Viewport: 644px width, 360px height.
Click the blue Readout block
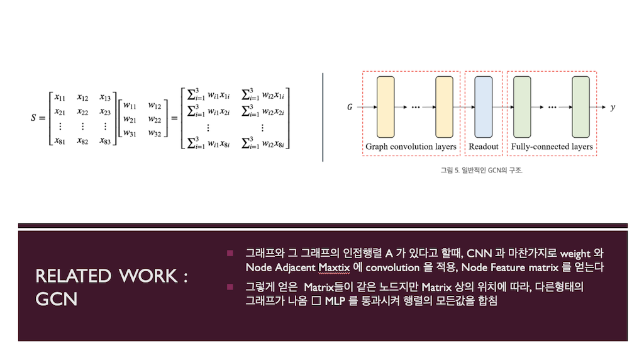click(483, 107)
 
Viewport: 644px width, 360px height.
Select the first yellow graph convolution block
click(386, 107)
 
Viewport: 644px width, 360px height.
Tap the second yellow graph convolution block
click(444, 107)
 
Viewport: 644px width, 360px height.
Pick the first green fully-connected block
click(522, 107)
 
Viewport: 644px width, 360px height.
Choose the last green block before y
click(581, 107)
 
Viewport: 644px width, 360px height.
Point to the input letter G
click(350, 108)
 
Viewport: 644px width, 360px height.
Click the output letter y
click(613, 108)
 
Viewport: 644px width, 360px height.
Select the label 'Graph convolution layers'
click(411, 147)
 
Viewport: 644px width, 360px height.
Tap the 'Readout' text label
click(483, 147)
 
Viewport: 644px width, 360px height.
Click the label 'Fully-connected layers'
click(552, 147)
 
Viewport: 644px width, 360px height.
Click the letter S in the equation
click(33, 118)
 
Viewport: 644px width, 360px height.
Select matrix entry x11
click(60, 97)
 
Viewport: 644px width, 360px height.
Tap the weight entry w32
click(154, 133)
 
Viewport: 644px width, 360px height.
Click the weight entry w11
click(130, 104)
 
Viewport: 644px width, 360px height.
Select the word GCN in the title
click(57, 298)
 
